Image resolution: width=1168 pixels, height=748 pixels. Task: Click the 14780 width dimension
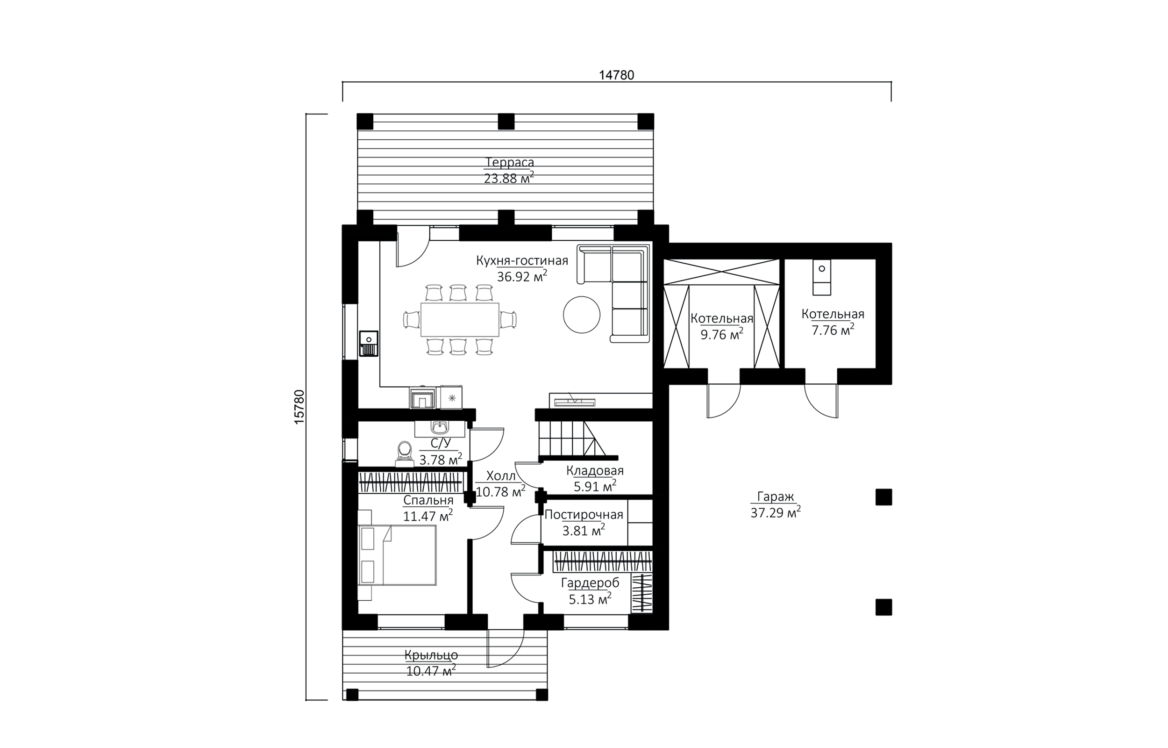point(616,75)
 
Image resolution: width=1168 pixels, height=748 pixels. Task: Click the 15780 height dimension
point(299,407)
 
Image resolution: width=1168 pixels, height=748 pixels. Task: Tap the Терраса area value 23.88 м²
point(509,178)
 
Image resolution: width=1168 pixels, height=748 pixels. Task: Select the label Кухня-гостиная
point(522,261)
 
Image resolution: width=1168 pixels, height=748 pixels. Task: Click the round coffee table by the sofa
point(581,315)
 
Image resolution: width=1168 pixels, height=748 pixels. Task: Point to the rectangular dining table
point(460,320)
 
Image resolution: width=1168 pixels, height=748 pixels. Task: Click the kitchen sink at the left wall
point(369,344)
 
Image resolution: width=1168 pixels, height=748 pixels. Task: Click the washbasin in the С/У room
point(440,427)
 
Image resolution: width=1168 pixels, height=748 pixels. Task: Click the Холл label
point(500,475)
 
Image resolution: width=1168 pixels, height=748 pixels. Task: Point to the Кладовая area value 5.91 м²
point(595,486)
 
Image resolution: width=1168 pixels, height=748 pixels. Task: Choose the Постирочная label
point(584,515)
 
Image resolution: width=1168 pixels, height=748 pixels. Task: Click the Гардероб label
point(590,583)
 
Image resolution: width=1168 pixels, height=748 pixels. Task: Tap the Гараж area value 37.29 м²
point(776,512)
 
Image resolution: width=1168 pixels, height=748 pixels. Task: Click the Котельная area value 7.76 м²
point(833,330)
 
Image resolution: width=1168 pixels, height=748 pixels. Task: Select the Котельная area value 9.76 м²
point(721,335)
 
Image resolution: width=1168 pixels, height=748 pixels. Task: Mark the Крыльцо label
point(431,655)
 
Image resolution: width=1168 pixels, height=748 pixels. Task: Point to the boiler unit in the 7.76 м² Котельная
point(821,277)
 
